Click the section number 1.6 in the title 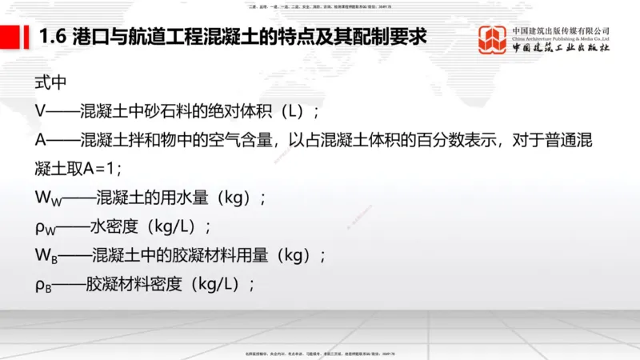coord(54,37)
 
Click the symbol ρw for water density coord(44,226)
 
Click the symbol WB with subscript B coord(46,255)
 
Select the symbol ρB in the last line coord(43,284)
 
